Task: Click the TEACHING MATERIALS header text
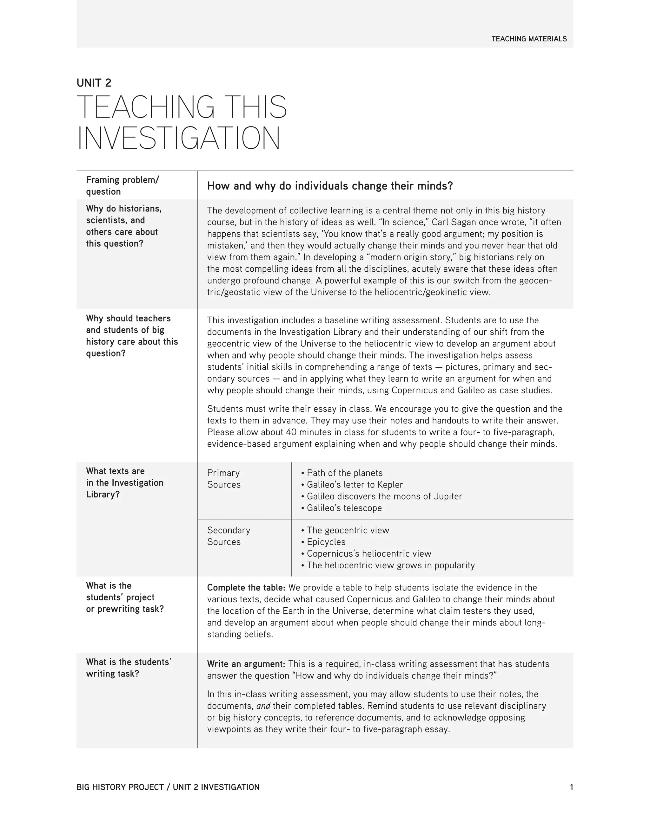(x=529, y=39)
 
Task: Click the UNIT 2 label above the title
(x=94, y=83)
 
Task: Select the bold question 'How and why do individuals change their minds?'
(x=330, y=186)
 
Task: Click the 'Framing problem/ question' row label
(x=122, y=185)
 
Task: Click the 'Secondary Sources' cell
(x=228, y=536)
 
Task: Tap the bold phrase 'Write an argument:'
(x=246, y=664)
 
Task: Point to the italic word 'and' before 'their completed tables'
(x=263, y=706)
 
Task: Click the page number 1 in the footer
(x=571, y=787)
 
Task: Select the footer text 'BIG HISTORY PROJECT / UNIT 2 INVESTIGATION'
(x=168, y=787)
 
